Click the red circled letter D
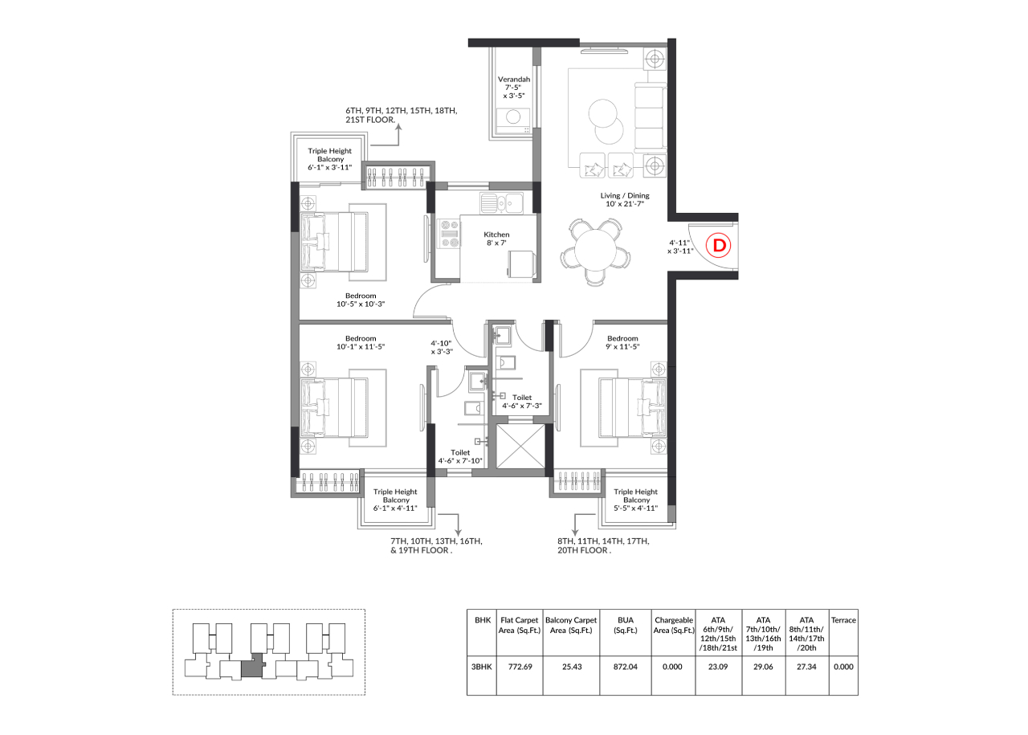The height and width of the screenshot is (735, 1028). click(x=718, y=245)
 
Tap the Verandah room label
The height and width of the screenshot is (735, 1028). click(x=514, y=80)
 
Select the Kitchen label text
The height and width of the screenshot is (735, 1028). click(x=496, y=235)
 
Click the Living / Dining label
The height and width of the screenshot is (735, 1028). click(x=625, y=195)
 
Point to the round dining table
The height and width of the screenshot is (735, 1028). click(x=596, y=251)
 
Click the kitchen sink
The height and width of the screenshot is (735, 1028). click(x=502, y=203)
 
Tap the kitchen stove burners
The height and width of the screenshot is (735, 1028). click(x=450, y=234)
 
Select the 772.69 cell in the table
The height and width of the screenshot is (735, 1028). click(x=520, y=667)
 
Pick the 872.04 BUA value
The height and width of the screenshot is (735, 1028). click(x=626, y=667)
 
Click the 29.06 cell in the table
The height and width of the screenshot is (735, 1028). click(x=763, y=667)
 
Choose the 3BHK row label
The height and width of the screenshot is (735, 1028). click(x=481, y=667)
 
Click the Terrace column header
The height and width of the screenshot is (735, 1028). click(x=843, y=620)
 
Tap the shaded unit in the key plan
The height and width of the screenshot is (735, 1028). click(x=253, y=667)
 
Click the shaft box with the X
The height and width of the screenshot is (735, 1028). click(x=520, y=447)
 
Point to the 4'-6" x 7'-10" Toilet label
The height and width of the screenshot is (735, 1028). click(x=460, y=457)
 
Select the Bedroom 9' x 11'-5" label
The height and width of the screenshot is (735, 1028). click(x=622, y=342)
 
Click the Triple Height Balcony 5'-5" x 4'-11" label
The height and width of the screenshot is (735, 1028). click(x=636, y=500)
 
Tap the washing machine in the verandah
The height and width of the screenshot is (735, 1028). click(x=513, y=120)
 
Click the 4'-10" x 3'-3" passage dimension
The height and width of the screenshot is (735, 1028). click(x=442, y=348)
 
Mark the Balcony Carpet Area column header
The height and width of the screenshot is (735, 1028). click(x=571, y=625)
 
